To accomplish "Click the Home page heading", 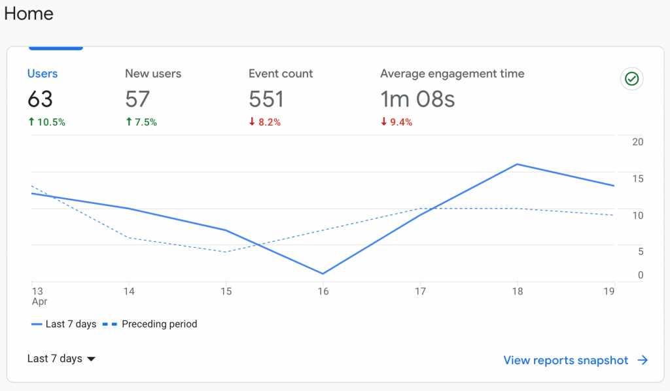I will click(29, 14).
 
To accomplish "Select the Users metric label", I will click(43, 74).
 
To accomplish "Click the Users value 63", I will click(40, 99).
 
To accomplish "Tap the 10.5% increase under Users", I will click(46, 122).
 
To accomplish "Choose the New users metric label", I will click(153, 74).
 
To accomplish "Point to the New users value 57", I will click(137, 99).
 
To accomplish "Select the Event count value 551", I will click(266, 99).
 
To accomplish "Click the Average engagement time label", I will click(452, 74).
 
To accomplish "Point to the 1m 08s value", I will click(417, 99).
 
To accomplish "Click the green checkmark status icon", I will click(631, 79).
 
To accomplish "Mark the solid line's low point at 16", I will click(323, 273).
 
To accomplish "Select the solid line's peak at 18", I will click(517, 164).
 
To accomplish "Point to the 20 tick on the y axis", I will click(637, 142).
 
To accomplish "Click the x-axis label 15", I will click(226, 292).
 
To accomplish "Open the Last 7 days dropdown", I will click(62, 358).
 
